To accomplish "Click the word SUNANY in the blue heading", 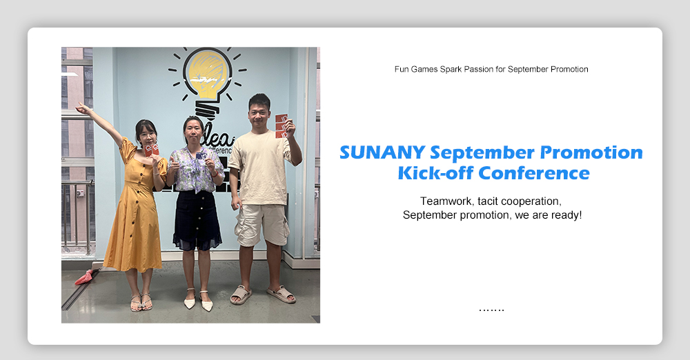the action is [x=382, y=152].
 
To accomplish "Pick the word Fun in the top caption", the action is [x=402, y=69].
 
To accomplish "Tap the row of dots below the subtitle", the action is [x=491, y=310].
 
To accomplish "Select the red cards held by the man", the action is [x=282, y=126].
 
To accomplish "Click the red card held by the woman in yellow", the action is [x=151, y=150].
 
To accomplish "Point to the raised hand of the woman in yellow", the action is [x=82, y=108].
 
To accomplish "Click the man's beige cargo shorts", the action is [x=262, y=224].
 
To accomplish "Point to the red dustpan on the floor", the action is [x=84, y=277].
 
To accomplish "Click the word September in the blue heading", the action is [x=482, y=153].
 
